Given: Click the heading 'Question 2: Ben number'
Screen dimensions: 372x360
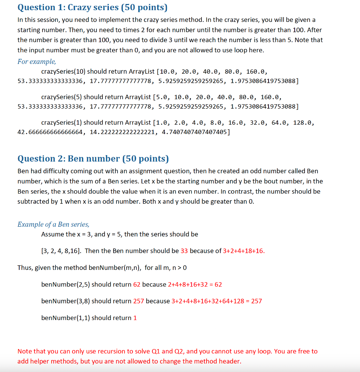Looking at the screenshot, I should click(x=93, y=159).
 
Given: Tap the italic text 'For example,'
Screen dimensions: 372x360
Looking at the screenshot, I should click(x=37, y=61).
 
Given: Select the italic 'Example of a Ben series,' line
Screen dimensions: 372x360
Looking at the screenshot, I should click(x=53, y=224).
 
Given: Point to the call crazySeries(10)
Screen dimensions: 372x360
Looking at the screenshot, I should click(x=63, y=72).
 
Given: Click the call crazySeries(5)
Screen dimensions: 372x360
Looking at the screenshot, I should click(x=62, y=97).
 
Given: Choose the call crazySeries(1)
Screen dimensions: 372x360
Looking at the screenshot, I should click(x=62, y=122).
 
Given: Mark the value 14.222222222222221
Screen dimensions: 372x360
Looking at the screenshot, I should click(x=122, y=132).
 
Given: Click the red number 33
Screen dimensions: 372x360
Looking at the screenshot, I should click(x=184, y=251).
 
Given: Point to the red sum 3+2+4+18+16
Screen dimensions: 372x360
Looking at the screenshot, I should click(x=244, y=251).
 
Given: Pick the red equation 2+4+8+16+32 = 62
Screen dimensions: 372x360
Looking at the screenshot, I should click(x=195, y=284).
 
